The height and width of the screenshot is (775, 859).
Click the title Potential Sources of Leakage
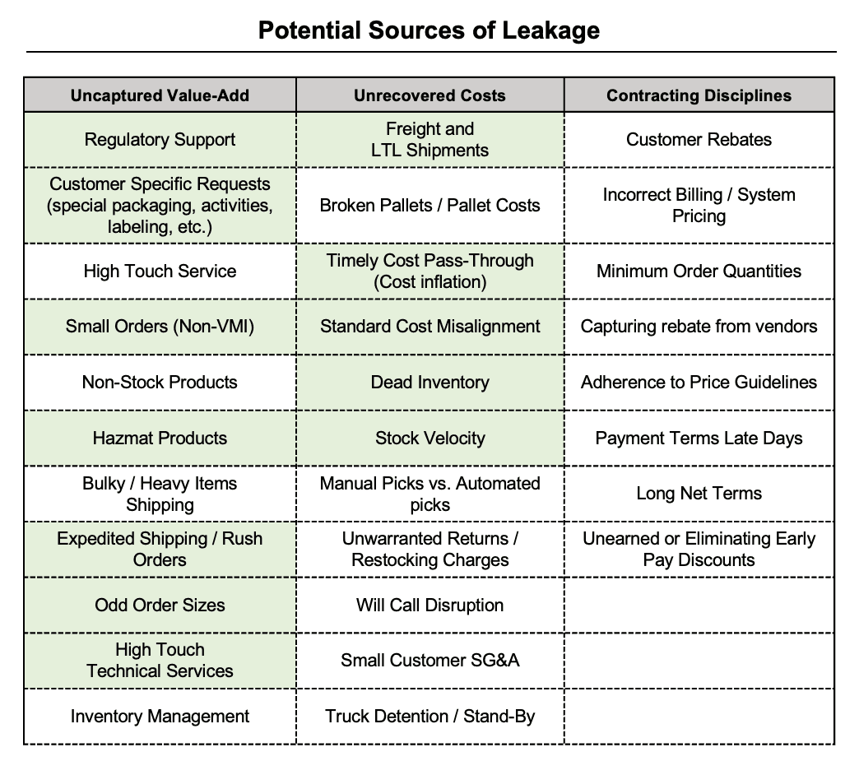tap(429, 30)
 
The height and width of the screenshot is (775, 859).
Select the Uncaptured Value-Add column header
tap(160, 95)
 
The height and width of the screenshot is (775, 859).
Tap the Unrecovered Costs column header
tap(430, 95)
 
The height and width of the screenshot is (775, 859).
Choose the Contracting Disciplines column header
tap(699, 95)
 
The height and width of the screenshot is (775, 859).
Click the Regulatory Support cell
tap(160, 140)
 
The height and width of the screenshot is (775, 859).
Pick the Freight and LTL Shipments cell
tap(430, 140)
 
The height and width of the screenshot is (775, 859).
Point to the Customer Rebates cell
tap(699, 140)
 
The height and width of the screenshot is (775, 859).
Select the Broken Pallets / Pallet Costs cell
tap(430, 206)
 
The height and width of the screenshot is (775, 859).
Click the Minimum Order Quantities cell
tap(699, 271)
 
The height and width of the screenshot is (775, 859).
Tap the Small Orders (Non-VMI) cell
tap(160, 327)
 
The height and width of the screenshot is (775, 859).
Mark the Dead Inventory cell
tap(430, 383)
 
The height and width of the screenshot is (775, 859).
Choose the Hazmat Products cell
tap(160, 439)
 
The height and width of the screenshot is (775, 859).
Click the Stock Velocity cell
tap(430, 439)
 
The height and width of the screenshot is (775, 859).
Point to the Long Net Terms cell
tap(699, 494)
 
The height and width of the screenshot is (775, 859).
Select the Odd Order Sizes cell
tap(160, 606)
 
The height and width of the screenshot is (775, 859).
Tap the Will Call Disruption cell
tap(430, 606)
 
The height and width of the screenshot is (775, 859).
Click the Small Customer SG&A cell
tap(430, 661)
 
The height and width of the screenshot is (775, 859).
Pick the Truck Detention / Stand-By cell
tap(430, 717)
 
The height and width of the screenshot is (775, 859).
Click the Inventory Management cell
tap(160, 717)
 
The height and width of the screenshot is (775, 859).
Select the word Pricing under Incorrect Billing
tap(699, 216)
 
